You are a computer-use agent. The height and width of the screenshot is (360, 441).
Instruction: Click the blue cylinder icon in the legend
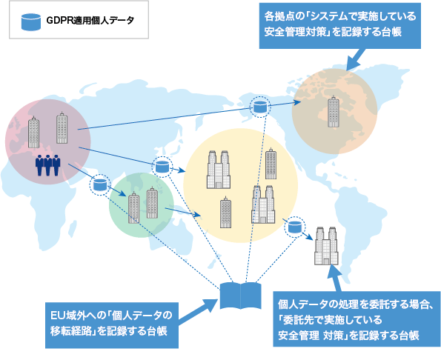pyautogui.click(x=31, y=21)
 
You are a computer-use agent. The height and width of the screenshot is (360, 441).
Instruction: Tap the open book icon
pyautogui.click(x=240, y=296)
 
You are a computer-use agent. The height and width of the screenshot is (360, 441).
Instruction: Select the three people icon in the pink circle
pyautogui.click(x=48, y=165)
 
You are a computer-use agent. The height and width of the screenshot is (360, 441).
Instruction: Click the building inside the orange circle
pyautogui.click(x=334, y=112)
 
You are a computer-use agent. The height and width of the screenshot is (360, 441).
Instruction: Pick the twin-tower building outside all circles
pyautogui.click(x=326, y=246)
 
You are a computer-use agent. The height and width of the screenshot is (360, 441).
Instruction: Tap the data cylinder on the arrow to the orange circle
pyautogui.click(x=260, y=107)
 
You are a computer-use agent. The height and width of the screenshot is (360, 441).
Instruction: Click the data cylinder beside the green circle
pyautogui.click(x=100, y=184)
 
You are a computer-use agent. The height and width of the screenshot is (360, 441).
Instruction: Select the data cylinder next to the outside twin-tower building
pyautogui.click(x=295, y=227)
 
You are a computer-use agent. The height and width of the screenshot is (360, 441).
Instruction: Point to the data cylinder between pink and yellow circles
pyautogui.click(x=162, y=167)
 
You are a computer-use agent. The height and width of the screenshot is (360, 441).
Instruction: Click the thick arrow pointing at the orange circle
pyautogui.click(x=355, y=59)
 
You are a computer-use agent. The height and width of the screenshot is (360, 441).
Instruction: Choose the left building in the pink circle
pyautogui.click(x=33, y=132)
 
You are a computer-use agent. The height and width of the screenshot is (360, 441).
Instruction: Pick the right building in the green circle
pyautogui.click(x=152, y=203)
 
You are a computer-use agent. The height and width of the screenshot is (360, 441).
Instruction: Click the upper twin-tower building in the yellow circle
pyautogui.click(x=219, y=170)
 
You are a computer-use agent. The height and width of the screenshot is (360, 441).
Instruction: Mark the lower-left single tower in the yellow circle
pyautogui.click(x=225, y=212)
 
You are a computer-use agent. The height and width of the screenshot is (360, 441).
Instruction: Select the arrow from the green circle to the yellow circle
pyautogui.click(x=183, y=212)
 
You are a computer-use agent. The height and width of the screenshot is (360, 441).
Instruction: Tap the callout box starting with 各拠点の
pyautogui.click(x=339, y=26)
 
